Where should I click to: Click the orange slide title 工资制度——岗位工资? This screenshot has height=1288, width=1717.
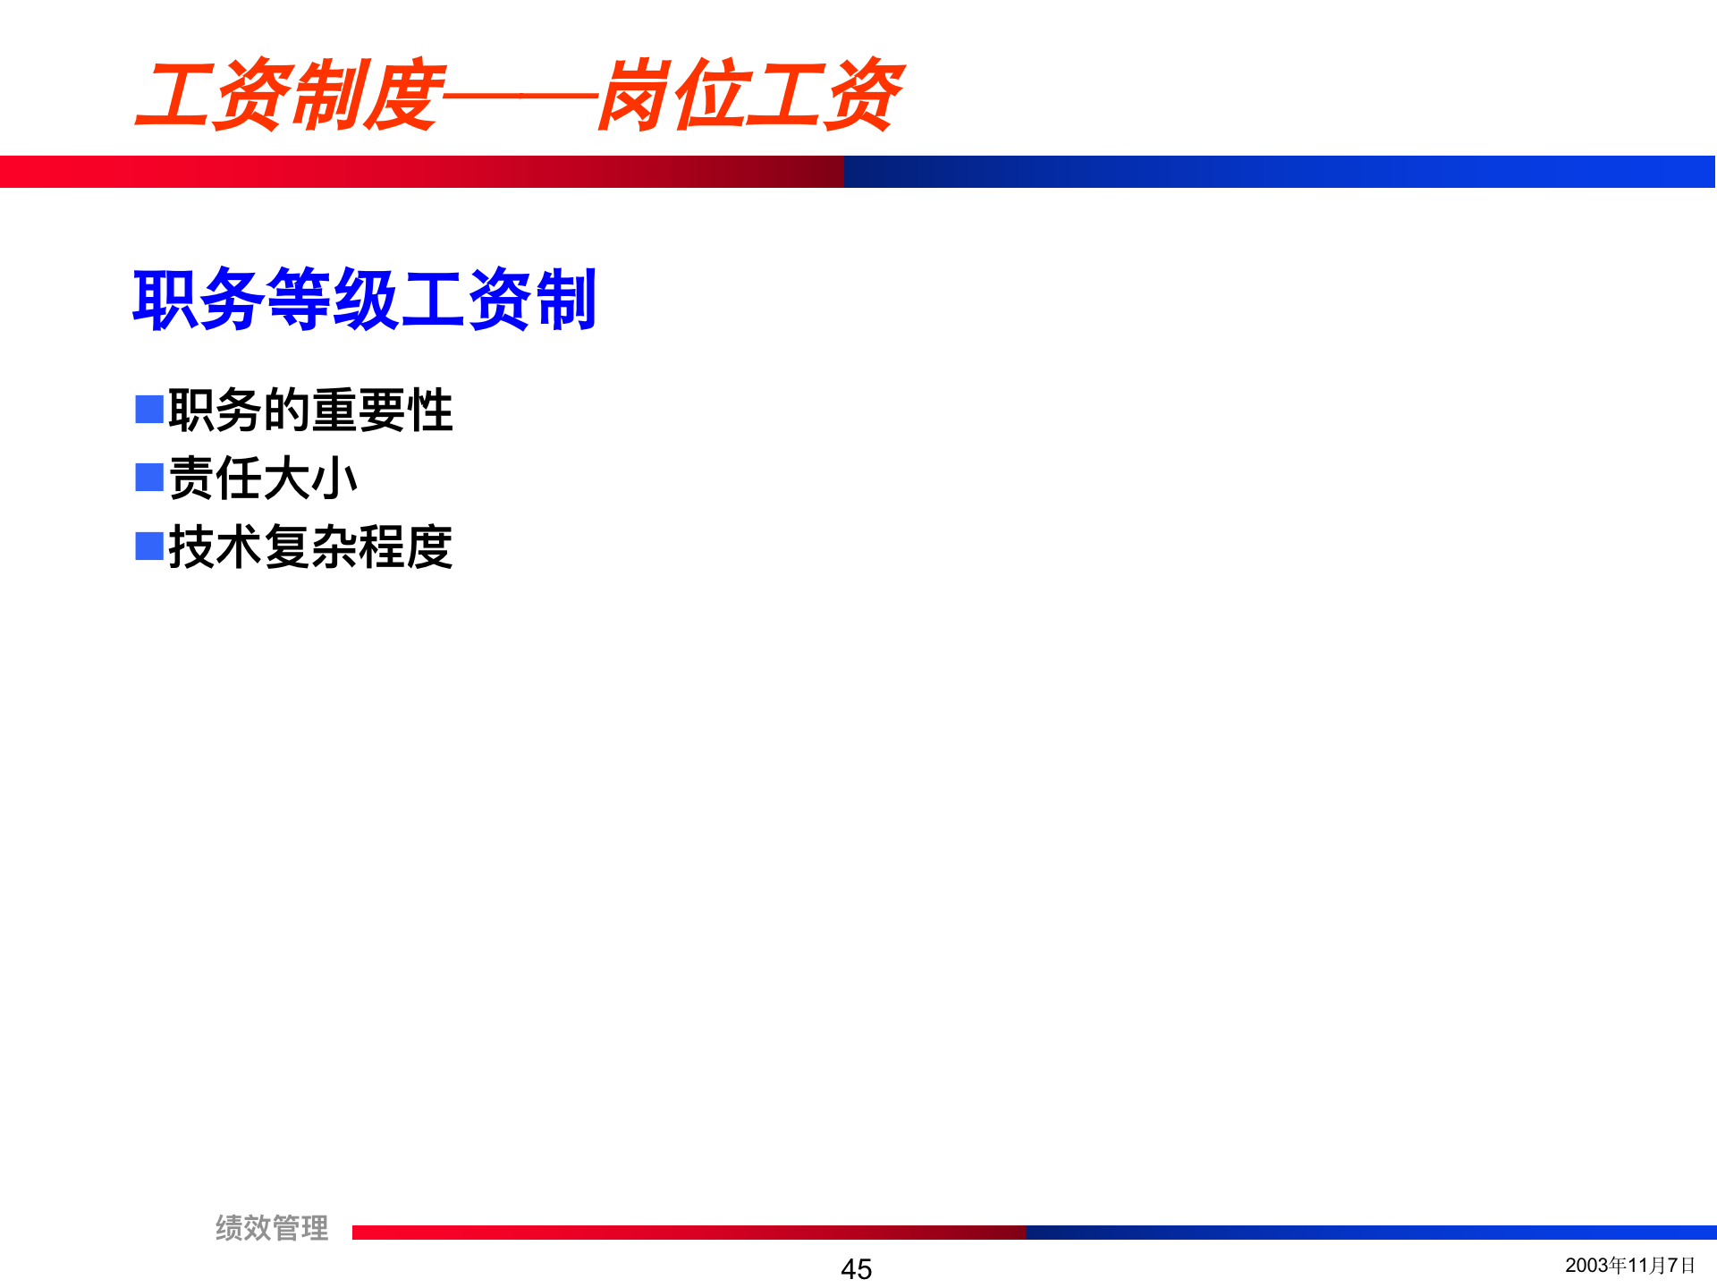pos(519,95)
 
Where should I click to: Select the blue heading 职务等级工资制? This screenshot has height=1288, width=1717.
pos(364,300)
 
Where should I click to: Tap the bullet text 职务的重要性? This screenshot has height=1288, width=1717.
pos(310,411)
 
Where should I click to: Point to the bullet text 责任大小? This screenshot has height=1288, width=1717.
pos(263,479)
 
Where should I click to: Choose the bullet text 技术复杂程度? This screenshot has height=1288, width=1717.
pos(310,547)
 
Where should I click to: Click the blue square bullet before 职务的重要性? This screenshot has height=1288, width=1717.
pos(149,409)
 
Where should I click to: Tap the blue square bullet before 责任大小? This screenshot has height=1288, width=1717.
pos(149,477)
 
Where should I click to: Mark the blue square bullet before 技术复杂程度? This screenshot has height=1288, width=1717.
pos(149,546)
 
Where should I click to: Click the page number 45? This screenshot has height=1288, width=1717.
pos(856,1268)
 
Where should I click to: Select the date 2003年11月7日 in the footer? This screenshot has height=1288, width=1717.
pos(1629,1265)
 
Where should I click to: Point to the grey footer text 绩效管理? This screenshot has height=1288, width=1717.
pos(272,1228)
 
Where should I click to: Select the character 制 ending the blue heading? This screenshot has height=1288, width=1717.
pos(565,300)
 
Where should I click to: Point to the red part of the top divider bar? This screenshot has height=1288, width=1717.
pos(420,172)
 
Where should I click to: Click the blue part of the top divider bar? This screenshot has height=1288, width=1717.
pos(1279,172)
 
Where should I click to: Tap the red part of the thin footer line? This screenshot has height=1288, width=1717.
pos(689,1233)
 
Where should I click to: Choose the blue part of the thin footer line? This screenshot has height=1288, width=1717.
pos(1368,1233)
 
